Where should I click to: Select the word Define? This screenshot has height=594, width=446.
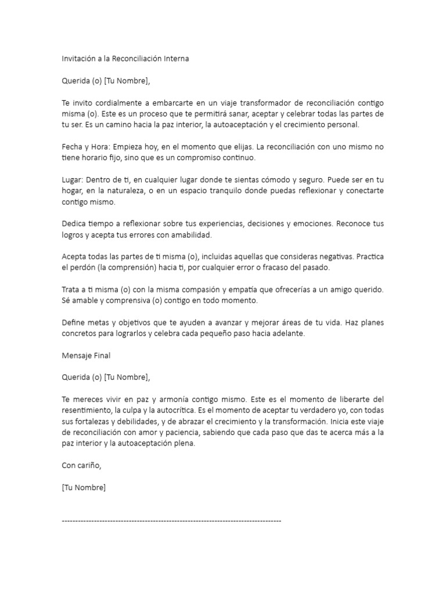click(74, 323)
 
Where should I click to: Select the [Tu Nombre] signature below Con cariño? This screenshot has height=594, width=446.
click(84, 488)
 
